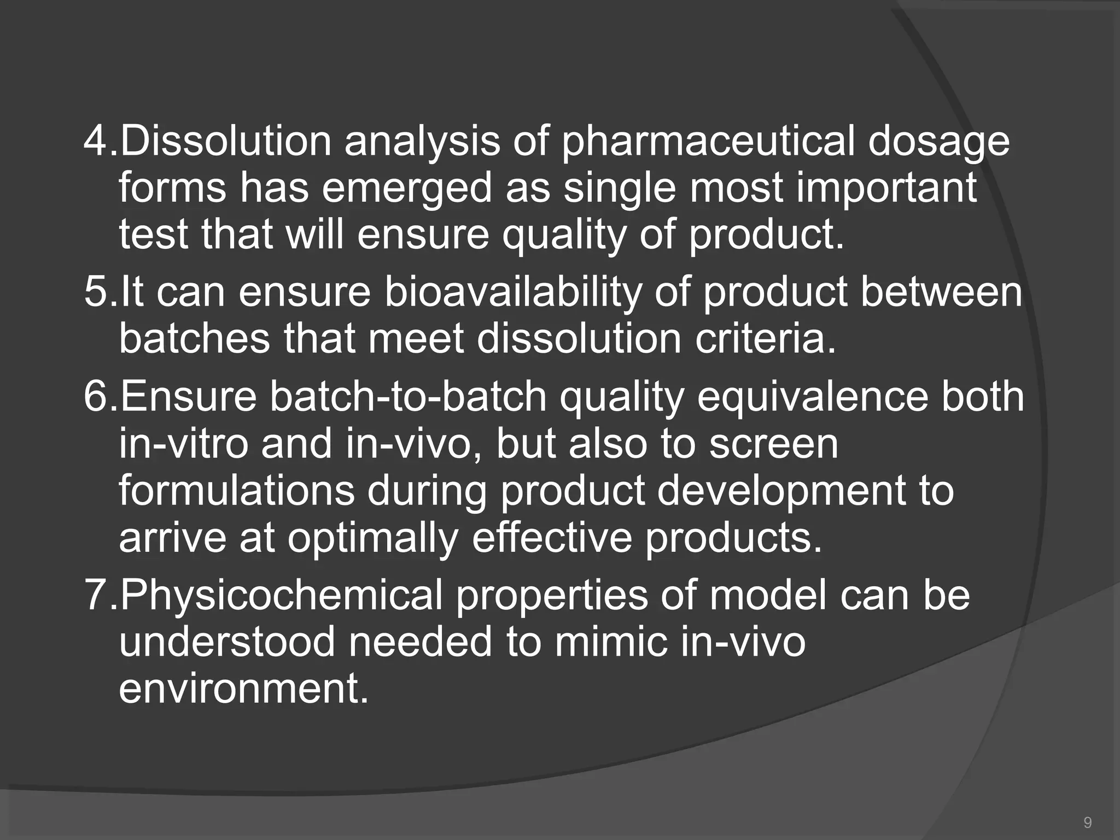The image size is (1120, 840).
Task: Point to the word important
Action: click(886, 188)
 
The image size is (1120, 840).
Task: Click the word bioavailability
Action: click(512, 292)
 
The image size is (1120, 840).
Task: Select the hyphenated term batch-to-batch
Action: click(407, 396)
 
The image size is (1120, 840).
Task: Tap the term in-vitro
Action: click(183, 444)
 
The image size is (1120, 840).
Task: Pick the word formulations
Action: click(236, 491)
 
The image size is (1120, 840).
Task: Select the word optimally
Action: click(372, 538)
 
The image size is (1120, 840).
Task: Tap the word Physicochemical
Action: click(281, 594)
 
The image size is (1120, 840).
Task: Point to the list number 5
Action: click(97, 292)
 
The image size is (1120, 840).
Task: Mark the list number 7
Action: click(97, 594)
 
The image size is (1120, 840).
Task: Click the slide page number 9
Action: click(1088, 822)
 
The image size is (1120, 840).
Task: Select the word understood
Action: click(227, 642)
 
